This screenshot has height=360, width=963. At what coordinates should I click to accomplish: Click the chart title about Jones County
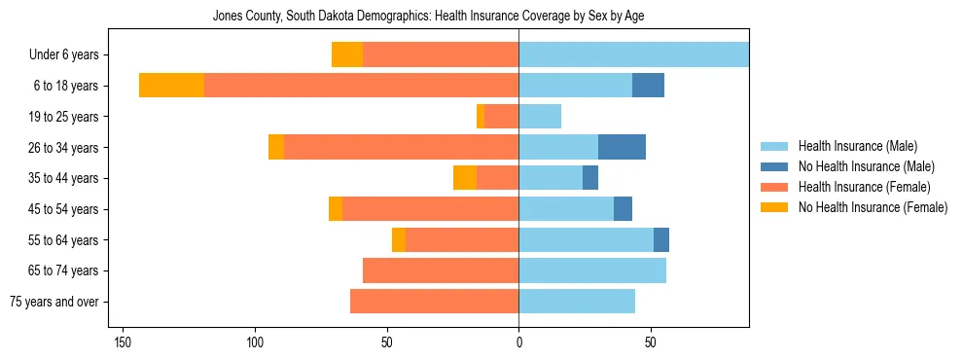(x=428, y=17)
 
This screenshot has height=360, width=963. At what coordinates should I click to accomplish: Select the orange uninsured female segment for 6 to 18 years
(x=171, y=86)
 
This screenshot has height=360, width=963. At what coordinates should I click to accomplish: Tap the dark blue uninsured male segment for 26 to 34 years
(x=622, y=147)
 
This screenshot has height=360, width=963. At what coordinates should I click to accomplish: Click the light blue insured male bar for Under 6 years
(x=633, y=54)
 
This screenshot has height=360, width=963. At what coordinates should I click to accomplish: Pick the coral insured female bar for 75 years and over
(x=434, y=302)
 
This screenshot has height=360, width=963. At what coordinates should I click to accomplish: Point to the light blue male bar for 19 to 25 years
(x=540, y=117)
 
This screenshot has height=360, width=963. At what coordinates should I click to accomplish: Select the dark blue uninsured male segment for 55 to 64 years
(x=661, y=239)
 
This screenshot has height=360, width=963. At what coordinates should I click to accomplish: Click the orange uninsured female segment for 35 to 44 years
(x=465, y=178)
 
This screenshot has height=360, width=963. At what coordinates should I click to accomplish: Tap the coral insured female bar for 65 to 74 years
(x=441, y=270)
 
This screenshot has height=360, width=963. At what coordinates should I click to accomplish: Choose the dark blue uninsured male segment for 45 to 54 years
(x=623, y=209)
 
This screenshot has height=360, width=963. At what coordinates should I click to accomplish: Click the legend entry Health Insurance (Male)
(x=857, y=146)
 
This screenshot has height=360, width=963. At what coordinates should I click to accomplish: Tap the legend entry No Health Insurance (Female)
(x=873, y=207)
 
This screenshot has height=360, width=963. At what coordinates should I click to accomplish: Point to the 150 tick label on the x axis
(x=123, y=342)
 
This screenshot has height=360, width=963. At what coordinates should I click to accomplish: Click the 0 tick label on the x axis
(x=518, y=342)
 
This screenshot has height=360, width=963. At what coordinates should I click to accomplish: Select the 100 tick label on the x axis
(x=255, y=342)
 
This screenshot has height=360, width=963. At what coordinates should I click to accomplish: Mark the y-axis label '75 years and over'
(x=54, y=302)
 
